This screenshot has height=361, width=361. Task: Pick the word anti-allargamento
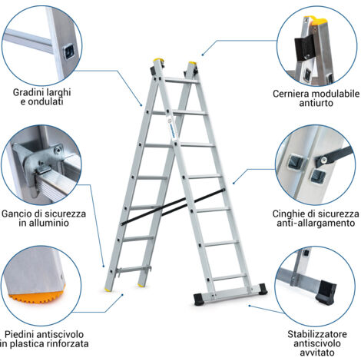(316, 225)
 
